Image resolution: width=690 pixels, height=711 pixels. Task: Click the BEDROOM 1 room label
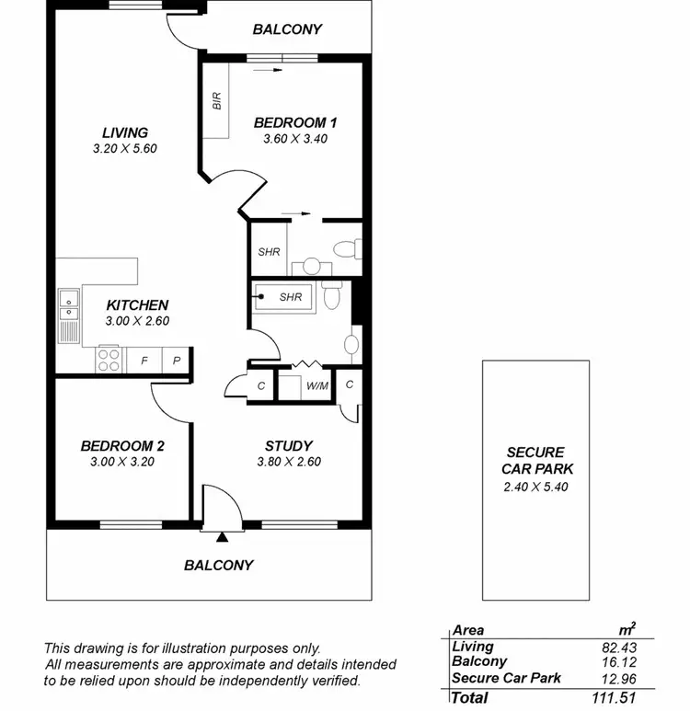pos(290,122)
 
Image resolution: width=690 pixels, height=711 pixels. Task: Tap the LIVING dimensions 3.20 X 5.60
pos(125,148)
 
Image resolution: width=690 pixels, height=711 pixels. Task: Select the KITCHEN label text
pos(137,305)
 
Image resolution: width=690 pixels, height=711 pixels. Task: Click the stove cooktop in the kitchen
pos(109,359)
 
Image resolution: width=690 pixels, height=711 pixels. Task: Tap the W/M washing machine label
pos(317,385)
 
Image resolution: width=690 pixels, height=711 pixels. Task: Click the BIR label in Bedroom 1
pos(217,101)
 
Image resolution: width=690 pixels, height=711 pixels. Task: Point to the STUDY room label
pos(289,446)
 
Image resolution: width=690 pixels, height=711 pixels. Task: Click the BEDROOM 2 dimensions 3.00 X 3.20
pos(122,463)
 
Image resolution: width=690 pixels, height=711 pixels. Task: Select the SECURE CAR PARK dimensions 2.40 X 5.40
pos(536,487)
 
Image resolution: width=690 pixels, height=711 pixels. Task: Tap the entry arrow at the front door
pos(222,537)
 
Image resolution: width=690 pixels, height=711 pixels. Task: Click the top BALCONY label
pos(287,29)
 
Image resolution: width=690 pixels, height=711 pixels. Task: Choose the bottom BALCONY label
pos(218,565)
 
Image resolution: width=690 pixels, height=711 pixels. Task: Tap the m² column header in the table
pos(626,630)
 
